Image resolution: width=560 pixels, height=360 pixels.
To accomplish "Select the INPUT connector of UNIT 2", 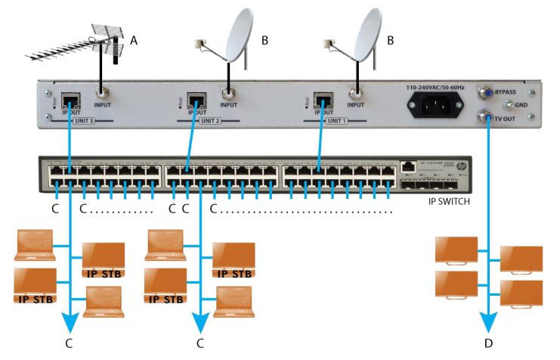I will click(228, 96).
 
